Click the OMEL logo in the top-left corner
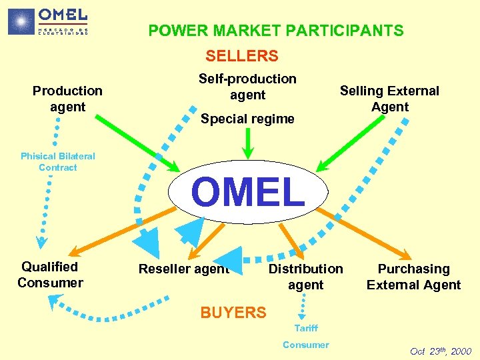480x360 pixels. coord(48,21)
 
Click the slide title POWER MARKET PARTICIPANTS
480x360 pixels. coord(275,31)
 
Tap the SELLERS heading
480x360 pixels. coord(241,56)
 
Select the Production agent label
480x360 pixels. coord(67,99)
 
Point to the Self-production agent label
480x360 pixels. coord(247,87)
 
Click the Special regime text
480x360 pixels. coord(247,119)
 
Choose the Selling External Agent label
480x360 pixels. coord(389,99)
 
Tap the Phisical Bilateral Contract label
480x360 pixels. coord(58,161)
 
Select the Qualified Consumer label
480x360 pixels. coord(50,275)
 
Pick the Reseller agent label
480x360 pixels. coord(183,269)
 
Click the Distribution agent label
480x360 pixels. coord(305,277)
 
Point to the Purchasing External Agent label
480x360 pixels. coord(413,277)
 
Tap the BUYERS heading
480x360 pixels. coord(233,312)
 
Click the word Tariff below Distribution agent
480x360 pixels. coord(306,328)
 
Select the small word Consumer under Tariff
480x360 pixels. coord(306,345)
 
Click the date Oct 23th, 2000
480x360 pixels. coord(441,351)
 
